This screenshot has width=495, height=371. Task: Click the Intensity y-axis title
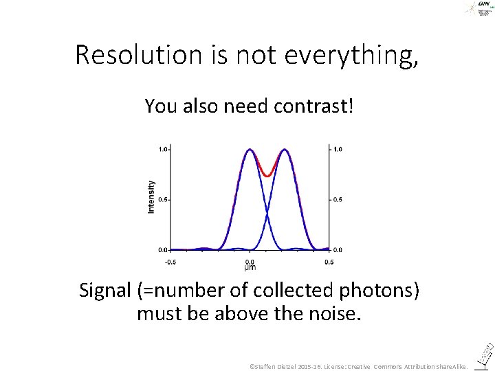point(151,196)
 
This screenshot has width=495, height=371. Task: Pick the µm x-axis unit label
point(250,267)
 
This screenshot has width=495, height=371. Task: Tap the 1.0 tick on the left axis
point(163,148)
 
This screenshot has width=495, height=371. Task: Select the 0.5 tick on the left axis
point(163,199)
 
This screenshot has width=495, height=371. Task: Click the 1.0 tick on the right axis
point(338,148)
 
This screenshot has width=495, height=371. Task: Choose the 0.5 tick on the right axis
point(338,199)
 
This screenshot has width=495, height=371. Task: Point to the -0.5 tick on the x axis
point(171,262)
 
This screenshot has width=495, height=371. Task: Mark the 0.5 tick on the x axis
point(329,262)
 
